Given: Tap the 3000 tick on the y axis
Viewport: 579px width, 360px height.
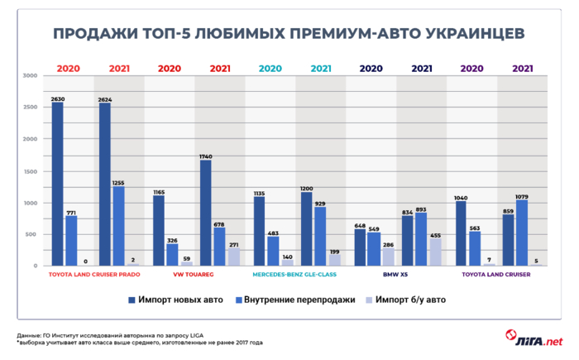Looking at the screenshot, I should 31,76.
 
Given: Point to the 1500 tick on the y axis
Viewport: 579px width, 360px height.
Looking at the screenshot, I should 31,171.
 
